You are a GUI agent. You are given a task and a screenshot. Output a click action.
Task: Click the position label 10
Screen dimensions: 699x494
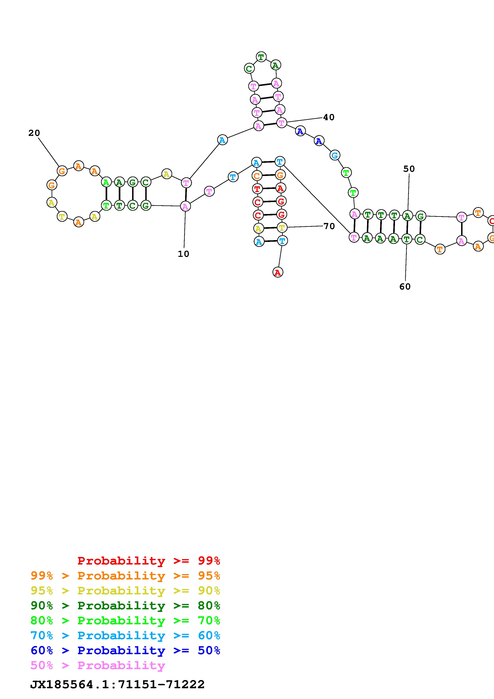tap(184, 254)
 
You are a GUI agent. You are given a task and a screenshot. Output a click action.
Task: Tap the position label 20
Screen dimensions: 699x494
tap(34, 133)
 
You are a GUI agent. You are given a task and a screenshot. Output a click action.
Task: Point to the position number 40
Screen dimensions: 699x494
tap(329, 117)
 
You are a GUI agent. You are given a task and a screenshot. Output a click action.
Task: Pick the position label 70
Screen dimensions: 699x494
tap(329, 226)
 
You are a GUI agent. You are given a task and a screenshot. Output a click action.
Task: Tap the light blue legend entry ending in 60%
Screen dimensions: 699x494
tap(125, 635)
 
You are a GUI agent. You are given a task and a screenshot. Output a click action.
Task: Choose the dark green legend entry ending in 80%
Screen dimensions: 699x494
tap(125, 606)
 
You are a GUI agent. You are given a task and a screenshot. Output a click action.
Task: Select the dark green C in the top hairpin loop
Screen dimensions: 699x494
tap(249, 69)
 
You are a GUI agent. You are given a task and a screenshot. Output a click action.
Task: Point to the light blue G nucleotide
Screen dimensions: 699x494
tap(335, 155)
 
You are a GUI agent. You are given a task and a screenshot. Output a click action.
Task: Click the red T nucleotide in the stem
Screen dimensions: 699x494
tap(257, 189)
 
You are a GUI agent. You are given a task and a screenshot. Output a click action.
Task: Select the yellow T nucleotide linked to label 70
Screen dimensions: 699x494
tap(282, 227)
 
